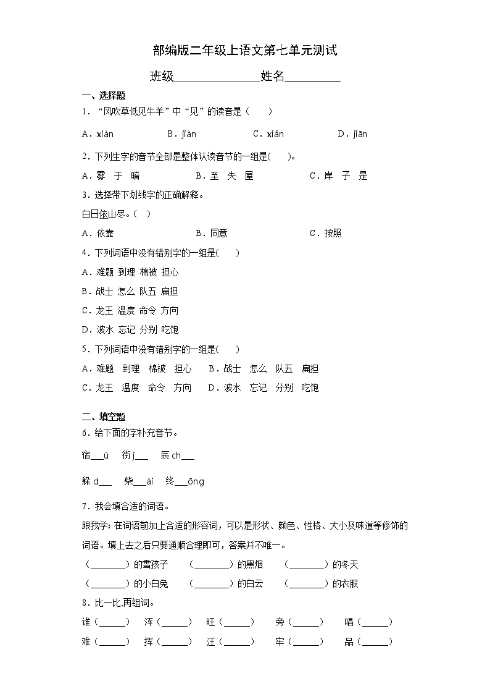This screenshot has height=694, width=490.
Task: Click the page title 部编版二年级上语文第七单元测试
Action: (x=244, y=51)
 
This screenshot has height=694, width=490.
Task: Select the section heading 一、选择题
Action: (x=104, y=95)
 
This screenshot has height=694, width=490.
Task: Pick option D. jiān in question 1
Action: (x=352, y=134)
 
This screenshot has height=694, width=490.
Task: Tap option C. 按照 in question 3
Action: (x=325, y=233)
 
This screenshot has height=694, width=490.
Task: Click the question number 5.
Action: (x=85, y=349)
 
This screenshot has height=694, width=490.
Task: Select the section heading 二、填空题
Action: (x=104, y=417)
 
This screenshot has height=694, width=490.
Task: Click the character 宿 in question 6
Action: (x=86, y=455)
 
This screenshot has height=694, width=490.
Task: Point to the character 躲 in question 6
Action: (x=86, y=481)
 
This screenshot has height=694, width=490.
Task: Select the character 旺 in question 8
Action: (x=211, y=622)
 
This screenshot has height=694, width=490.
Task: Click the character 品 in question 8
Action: (x=349, y=642)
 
